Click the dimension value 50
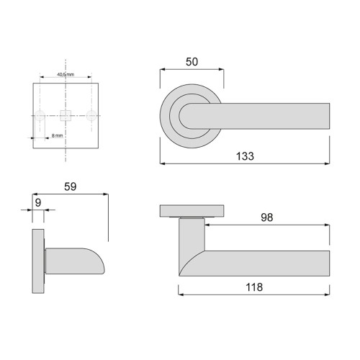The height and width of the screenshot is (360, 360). pos(192,63)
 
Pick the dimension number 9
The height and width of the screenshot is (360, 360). pos(38,204)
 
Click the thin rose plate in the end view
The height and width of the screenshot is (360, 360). pos(39,261)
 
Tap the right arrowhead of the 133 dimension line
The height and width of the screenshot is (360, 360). pos(328,164)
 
